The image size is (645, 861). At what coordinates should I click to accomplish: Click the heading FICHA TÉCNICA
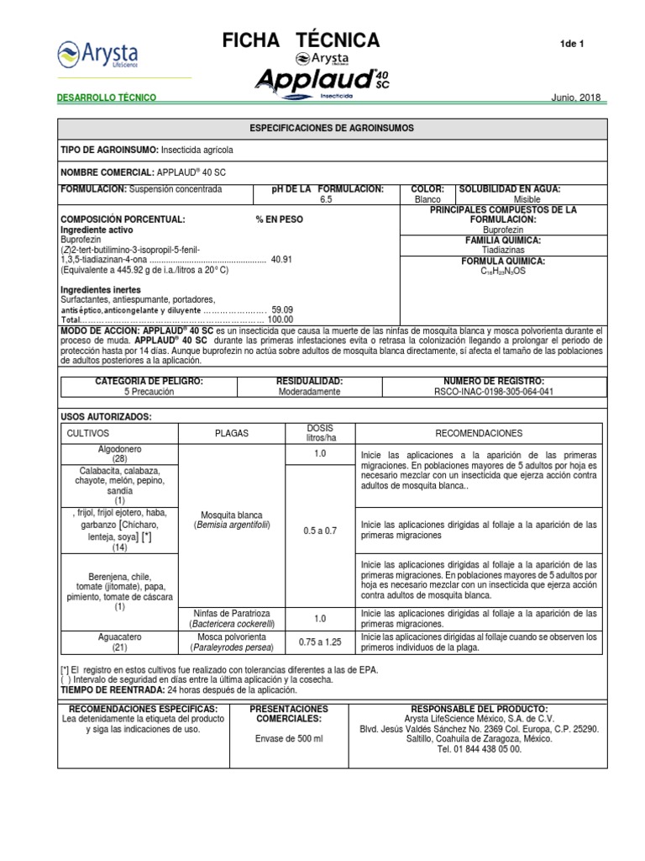[x=301, y=40]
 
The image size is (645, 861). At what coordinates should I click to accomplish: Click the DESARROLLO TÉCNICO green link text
[x=107, y=98]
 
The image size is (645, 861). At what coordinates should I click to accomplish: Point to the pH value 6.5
[x=327, y=200]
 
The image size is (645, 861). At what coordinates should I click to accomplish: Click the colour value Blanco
[x=427, y=200]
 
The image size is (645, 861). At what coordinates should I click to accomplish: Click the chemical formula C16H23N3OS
[x=503, y=272]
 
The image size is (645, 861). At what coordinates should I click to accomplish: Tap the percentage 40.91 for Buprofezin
[x=281, y=260]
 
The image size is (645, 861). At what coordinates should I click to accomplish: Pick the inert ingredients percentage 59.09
[x=281, y=309]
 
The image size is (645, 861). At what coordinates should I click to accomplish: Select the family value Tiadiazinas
[x=503, y=250]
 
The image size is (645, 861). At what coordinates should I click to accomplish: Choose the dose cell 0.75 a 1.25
[x=320, y=642]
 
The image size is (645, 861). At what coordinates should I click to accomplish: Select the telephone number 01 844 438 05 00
[x=480, y=749]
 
